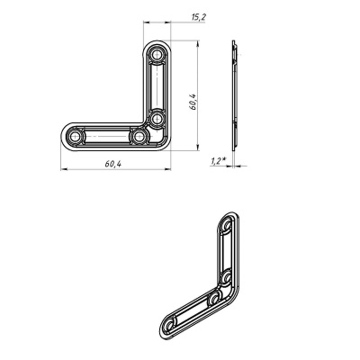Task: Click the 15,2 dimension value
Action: [x=198, y=17]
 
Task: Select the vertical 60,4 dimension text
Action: [x=193, y=102]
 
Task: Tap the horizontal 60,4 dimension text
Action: [x=113, y=164]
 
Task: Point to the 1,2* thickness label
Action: [x=218, y=161]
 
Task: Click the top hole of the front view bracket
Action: [x=157, y=55]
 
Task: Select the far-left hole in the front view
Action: [x=75, y=137]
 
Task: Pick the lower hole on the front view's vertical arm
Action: [x=157, y=119]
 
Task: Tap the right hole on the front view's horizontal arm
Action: [x=139, y=137]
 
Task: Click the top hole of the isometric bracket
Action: [x=227, y=225]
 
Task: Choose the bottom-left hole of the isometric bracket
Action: [x=170, y=324]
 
